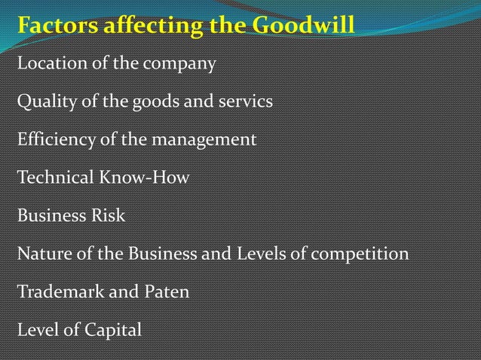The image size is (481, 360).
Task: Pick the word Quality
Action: (43, 102)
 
